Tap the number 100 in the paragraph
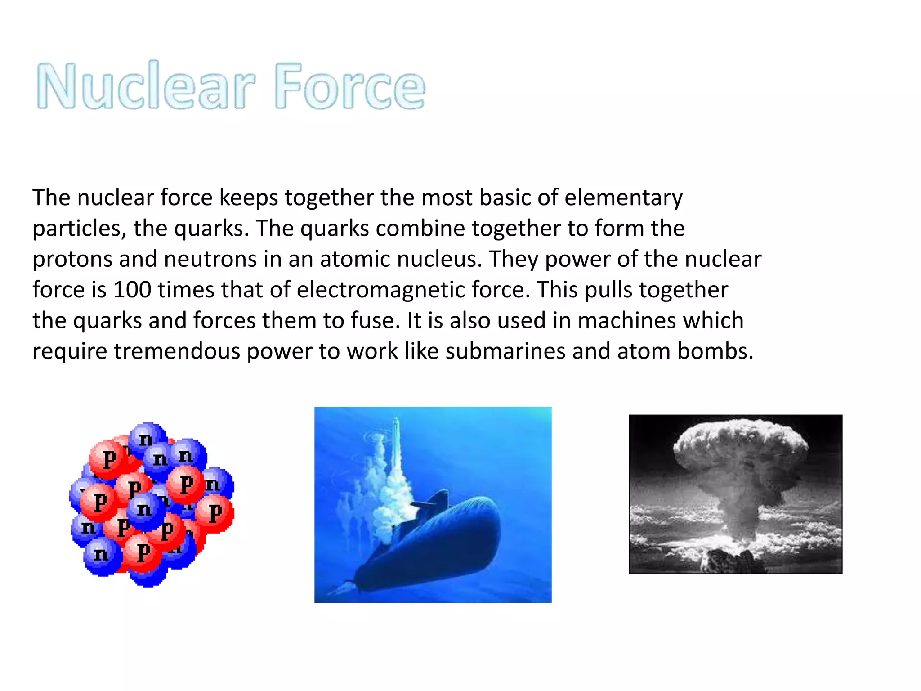click(x=132, y=290)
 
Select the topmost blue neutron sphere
click(x=146, y=437)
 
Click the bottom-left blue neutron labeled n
click(x=102, y=555)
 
